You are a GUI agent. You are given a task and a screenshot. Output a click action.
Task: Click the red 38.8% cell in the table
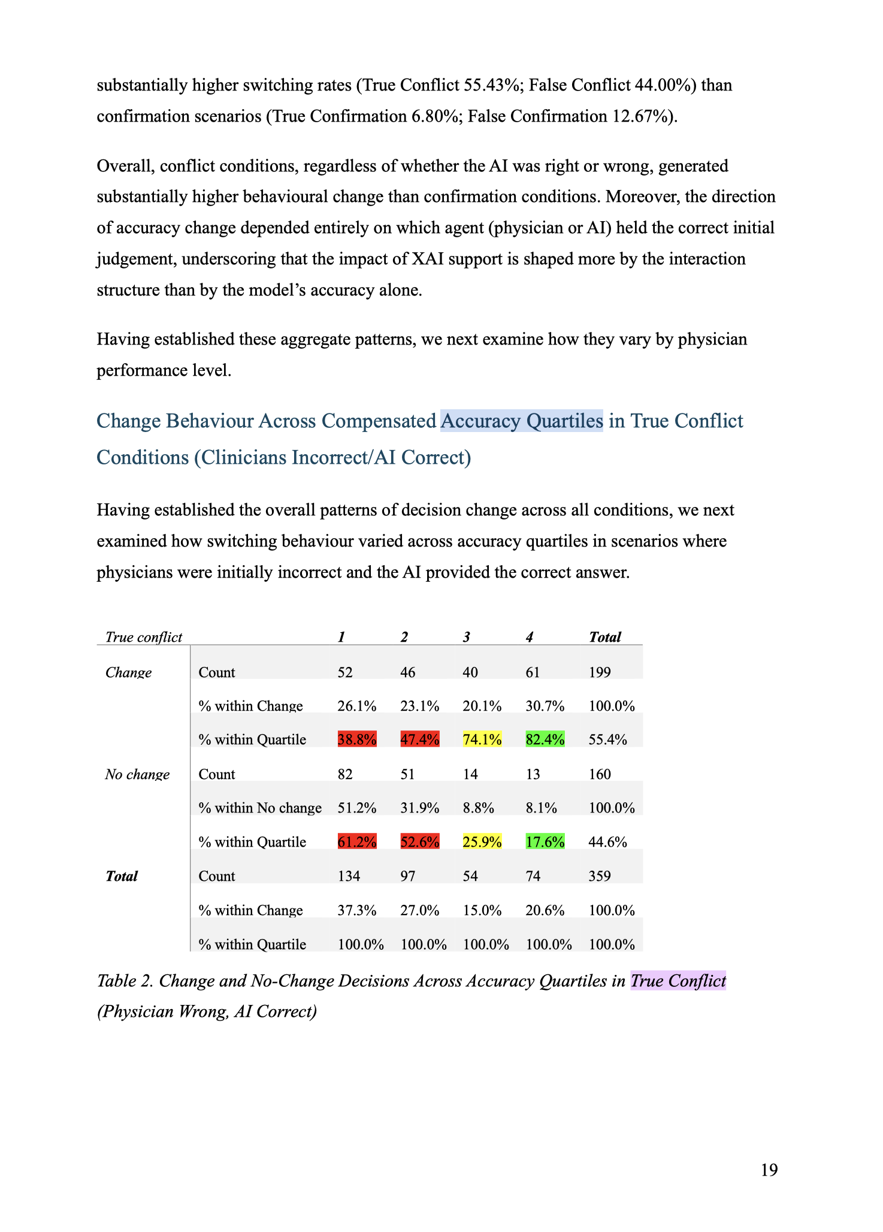point(357,739)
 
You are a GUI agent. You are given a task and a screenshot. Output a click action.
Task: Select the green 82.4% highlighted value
point(545,739)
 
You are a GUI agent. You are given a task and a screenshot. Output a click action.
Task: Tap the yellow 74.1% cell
point(482,739)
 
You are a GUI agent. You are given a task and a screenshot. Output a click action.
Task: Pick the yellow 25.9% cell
point(482,842)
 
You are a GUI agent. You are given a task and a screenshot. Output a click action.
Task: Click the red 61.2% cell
point(357,842)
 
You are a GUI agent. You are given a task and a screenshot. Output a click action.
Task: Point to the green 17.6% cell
point(545,842)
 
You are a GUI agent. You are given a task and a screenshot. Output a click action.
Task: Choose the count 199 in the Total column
point(600,672)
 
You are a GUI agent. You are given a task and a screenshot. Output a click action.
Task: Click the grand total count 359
point(600,876)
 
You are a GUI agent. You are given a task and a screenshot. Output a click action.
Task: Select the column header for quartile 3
point(466,637)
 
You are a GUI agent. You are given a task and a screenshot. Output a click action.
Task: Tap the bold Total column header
point(605,637)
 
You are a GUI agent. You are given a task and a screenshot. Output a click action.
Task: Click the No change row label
point(137,774)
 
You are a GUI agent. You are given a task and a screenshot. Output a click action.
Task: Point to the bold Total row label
point(122,876)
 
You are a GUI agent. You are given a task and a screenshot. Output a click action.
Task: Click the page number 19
point(769,1170)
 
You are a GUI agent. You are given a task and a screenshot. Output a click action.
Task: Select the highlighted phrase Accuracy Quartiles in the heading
point(522,421)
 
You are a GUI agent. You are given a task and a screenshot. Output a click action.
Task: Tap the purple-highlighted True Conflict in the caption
point(678,981)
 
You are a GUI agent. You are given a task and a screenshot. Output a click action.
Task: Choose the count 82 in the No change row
point(345,774)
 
